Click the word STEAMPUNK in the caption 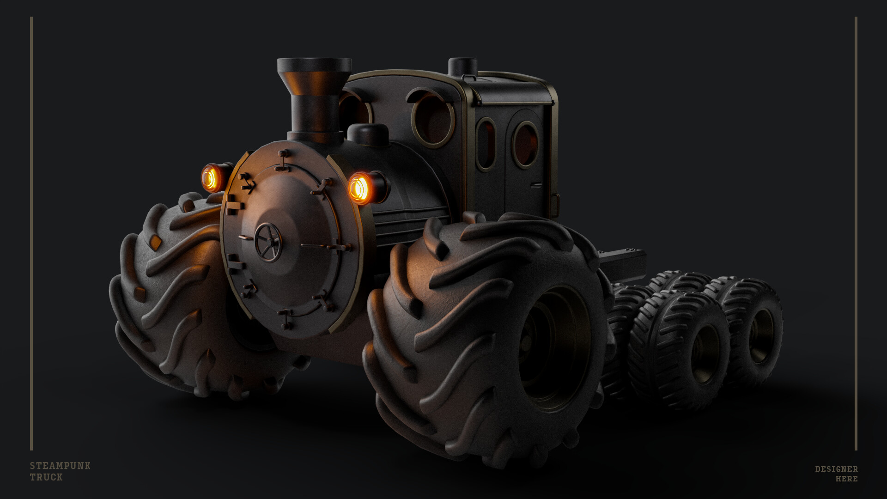60,466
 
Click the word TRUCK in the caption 46,477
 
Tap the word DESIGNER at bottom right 836,469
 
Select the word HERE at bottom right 846,479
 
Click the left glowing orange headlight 211,178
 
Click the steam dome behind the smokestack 368,134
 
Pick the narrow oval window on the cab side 486,144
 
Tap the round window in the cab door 525,144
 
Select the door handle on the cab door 536,185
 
